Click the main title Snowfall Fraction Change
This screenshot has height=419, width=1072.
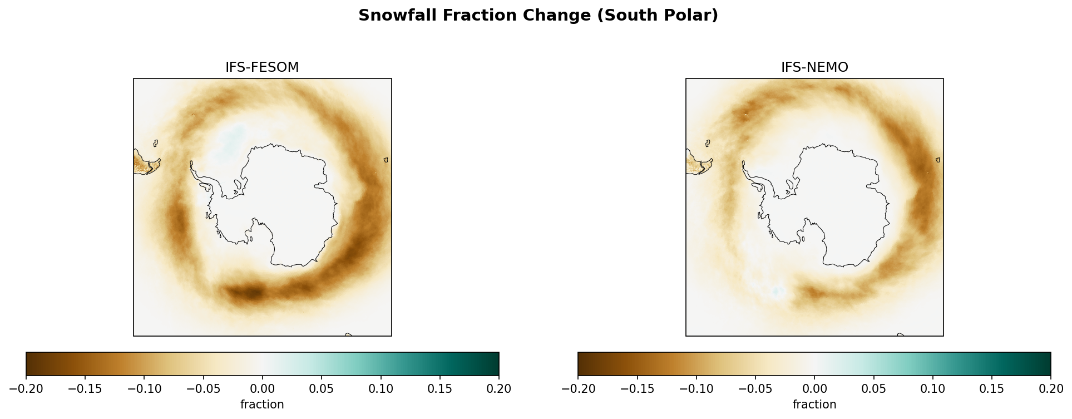click(537, 16)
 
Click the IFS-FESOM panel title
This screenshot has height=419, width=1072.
click(262, 67)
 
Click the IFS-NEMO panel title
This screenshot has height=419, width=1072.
click(814, 67)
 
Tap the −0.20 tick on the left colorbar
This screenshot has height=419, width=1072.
click(26, 388)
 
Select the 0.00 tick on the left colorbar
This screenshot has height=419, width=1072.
click(263, 388)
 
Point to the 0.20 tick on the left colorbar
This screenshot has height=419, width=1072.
click(498, 388)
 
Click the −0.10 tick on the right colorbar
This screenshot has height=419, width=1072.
click(696, 388)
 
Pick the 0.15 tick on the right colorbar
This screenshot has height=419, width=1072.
click(992, 388)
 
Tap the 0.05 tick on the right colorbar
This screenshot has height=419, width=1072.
click(873, 388)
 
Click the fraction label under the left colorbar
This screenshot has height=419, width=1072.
click(262, 405)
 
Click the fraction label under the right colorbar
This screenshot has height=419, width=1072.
click(814, 405)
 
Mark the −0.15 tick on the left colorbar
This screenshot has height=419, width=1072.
click(85, 388)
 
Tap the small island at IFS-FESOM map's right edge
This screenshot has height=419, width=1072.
click(386, 160)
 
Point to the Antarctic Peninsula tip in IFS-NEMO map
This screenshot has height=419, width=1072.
click(743, 163)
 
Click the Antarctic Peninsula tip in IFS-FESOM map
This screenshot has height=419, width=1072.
click(191, 163)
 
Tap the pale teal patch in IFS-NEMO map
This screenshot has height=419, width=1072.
click(777, 291)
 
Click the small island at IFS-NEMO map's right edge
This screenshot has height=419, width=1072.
click(938, 160)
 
